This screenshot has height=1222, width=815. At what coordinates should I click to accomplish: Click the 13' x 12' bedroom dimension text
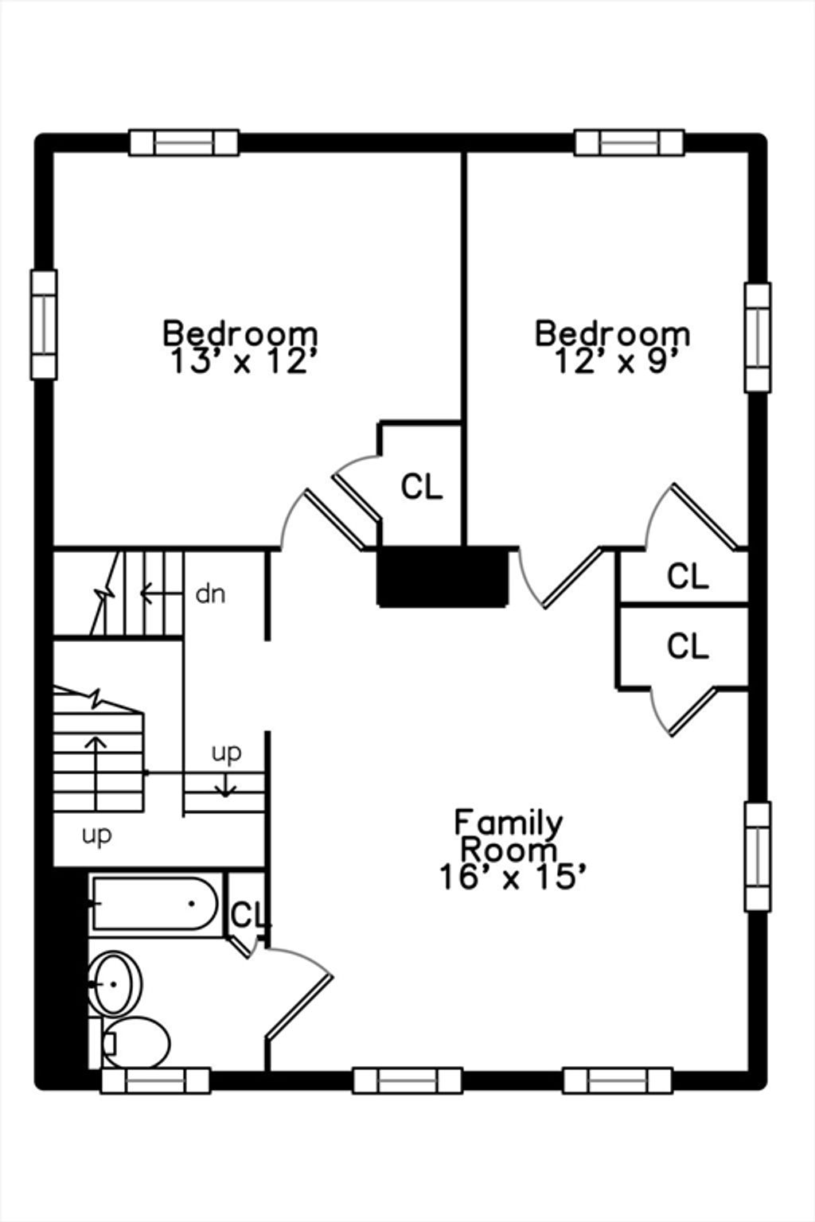coord(244,361)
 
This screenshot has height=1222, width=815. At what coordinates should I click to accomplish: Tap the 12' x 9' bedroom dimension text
coord(616,361)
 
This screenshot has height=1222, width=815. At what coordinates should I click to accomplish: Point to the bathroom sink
coord(115,983)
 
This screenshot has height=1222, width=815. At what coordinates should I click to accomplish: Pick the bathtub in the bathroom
coord(154,904)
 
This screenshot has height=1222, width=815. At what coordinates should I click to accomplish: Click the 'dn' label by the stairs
coord(210,593)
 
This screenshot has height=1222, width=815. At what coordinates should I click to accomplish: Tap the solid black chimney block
coord(443,577)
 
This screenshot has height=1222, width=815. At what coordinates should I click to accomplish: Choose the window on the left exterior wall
coord(44,324)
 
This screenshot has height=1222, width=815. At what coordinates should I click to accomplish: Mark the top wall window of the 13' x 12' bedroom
coord(184,142)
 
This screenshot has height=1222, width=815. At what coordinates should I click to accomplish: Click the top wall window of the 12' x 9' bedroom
coord(629,142)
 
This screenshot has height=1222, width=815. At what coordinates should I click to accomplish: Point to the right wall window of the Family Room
coord(758,857)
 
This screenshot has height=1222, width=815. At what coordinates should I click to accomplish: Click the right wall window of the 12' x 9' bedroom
coord(758,337)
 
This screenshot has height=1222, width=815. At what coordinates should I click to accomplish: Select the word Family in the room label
coord(509,823)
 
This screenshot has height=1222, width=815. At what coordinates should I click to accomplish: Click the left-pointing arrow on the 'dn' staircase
coord(161,593)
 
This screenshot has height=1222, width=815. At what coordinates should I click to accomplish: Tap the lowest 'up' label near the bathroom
coord(96,835)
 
